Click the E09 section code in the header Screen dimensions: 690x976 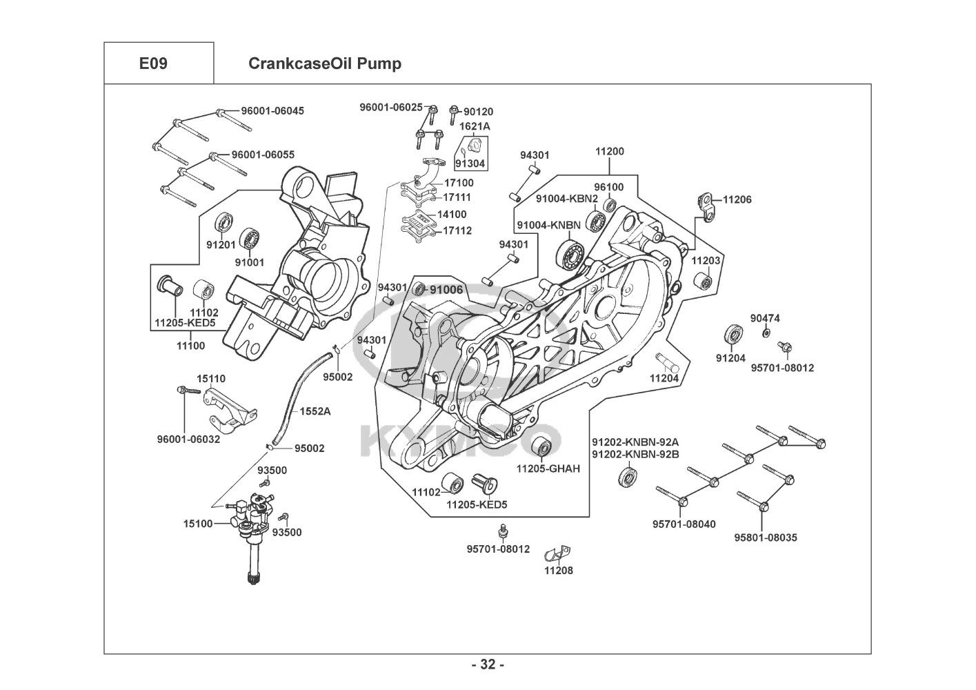click(x=153, y=63)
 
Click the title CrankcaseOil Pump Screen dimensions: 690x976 click(x=324, y=63)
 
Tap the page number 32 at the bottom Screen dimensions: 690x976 click(x=488, y=665)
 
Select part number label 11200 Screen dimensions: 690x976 click(x=610, y=151)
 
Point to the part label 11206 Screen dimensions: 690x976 click(x=737, y=199)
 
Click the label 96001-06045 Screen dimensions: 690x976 click(x=272, y=110)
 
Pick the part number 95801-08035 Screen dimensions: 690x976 click(x=766, y=538)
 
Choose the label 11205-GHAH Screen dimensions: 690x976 click(x=548, y=469)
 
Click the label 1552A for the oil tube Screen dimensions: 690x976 click(x=315, y=411)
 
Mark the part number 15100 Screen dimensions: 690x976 click(x=198, y=524)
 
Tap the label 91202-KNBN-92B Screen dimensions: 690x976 click(x=635, y=454)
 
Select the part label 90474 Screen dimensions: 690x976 click(x=765, y=318)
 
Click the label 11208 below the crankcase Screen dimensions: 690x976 click(x=559, y=571)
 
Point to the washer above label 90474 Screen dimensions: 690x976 click(x=766, y=333)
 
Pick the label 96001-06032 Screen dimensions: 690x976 click(x=188, y=439)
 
